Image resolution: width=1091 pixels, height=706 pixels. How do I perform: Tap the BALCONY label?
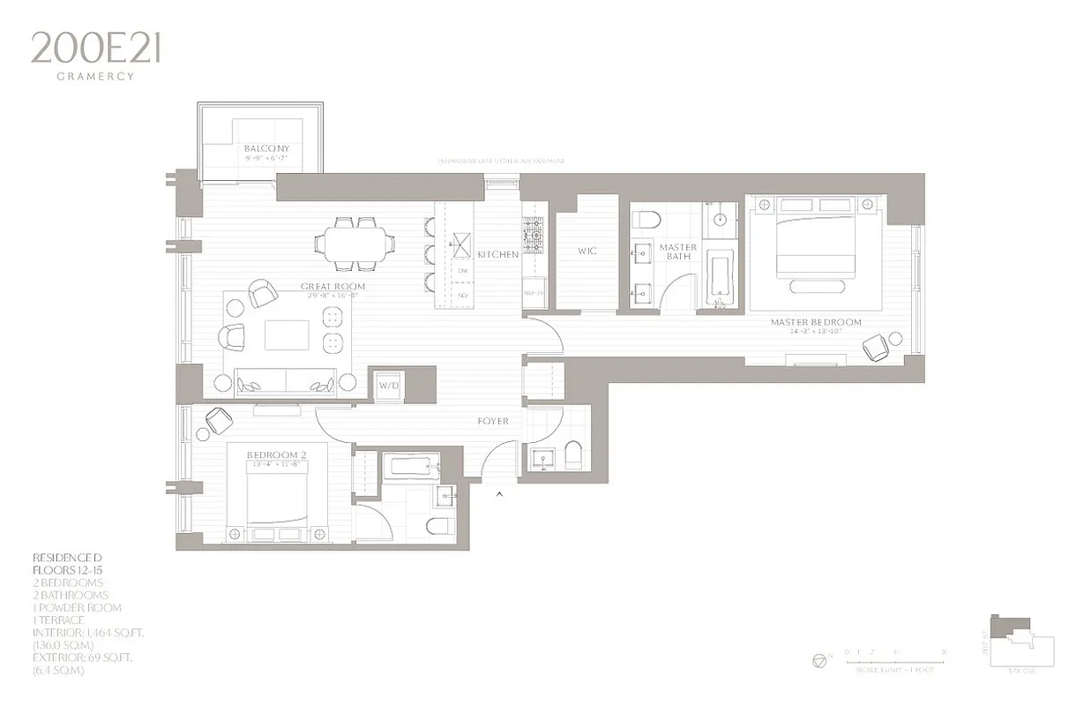tap(266, 148)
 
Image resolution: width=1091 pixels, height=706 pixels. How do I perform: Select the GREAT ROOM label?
tap(333, 287)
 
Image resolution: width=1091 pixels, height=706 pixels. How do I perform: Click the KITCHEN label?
tap(498, 255)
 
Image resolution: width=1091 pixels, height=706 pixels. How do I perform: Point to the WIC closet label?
tap(587, 252)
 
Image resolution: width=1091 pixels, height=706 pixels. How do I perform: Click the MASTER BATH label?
tap(678, 252)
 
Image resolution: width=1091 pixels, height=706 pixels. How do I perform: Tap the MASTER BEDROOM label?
tap(816, 323)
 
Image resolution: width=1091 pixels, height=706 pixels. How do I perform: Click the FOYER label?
tap(493, 422)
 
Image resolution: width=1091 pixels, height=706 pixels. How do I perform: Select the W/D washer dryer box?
tap(389, 387)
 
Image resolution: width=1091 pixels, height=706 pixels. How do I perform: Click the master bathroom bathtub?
tap(720, 277)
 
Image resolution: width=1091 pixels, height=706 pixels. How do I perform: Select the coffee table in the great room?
tap(287, 335)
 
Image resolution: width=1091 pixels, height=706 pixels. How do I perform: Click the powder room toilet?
tap(572, 456)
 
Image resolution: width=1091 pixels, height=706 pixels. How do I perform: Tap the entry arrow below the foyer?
tap(500, 494)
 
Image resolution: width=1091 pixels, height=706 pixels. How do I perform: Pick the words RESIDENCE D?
tap(68, 559)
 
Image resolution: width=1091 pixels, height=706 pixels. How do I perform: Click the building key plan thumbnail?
tap(1023, 641)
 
